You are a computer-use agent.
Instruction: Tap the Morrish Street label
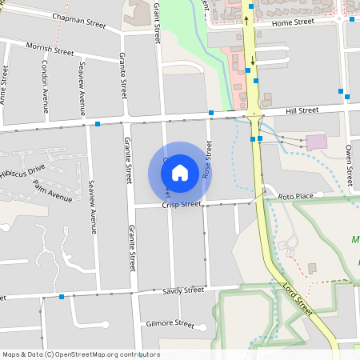pos(50,50)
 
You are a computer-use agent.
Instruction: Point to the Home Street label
pos(293,22)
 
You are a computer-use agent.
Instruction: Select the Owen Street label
pos(349,160)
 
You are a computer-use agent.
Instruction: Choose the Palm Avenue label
pos(52,193)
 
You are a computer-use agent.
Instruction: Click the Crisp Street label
pos(181,205)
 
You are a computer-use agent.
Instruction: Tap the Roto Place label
pos(295,196)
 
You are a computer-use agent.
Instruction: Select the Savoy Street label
pos(183,291)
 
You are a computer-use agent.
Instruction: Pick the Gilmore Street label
pos(170,324)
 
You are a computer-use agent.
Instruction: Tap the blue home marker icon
pos(180,172)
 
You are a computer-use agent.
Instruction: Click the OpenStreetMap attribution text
pos(81,354)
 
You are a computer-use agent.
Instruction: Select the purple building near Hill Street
pos(316,142)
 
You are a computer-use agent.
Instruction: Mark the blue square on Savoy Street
pos(62,297)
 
